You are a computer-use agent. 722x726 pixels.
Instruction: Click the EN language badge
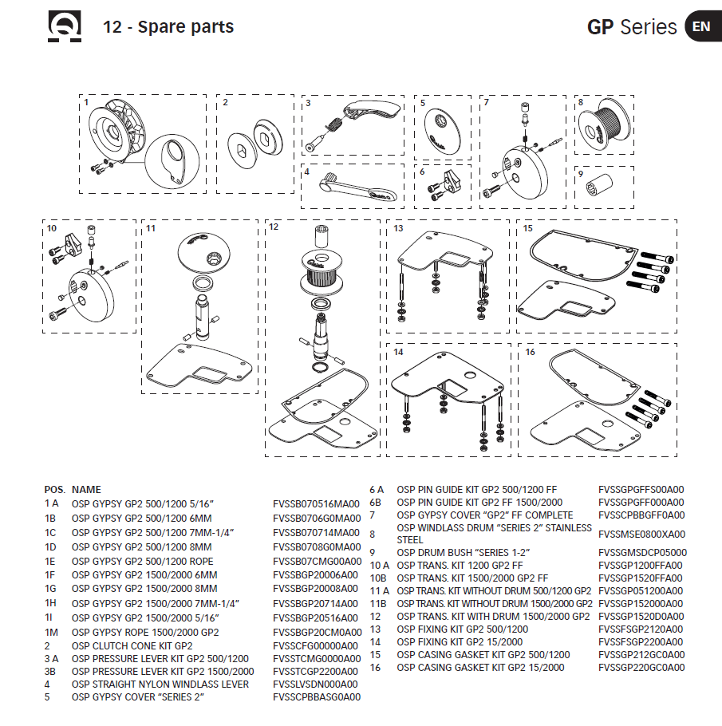pyautogui.click(x=701, y=26)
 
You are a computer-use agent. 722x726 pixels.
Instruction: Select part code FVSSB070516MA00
pyautogui.click(x=316, y=504)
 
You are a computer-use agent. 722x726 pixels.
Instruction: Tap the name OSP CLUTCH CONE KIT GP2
pyautogui.click(x=132, y=645)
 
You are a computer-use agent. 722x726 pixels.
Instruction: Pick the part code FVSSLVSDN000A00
pyautogui.click(x=315, y=684)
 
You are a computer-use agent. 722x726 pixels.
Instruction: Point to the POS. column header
pyautogui.click(x=55, y=489)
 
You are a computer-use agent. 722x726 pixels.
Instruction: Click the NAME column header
pyautogui.click(x=86, y=489)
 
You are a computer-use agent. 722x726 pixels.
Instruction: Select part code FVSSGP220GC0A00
pyautogui.click(x=641, y=668)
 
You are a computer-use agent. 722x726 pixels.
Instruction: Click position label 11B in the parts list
pyautogui.click(x=377, y=603)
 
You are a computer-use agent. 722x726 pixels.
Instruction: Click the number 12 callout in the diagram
pyautogui.click(x=273, y=227)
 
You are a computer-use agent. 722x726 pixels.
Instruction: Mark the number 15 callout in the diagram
pyautogui.click(x=527, y=227)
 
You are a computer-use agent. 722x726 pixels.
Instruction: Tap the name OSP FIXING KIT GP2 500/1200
pyautogui.click(x=462, y=629)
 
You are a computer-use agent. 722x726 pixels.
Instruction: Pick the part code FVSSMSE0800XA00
pyautogui.click(x=641, y=534)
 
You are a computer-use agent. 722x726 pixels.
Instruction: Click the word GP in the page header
pyautogui.click(x=601, y=27)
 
